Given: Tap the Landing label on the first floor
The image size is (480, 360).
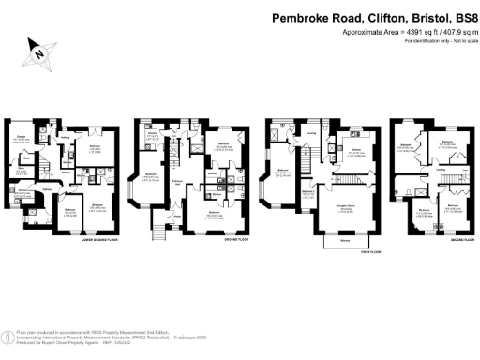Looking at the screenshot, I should (311, 133).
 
